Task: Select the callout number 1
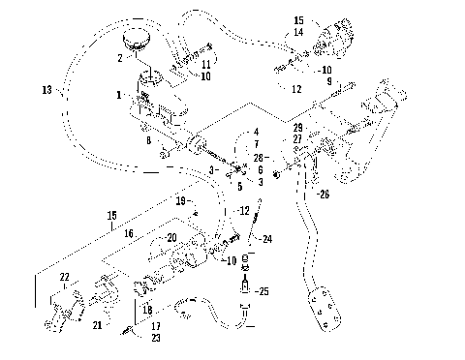[x=119, y=96]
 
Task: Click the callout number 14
[x=297, y=32]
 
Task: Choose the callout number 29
[x=298, y=129]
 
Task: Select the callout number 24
[x=267, y=240]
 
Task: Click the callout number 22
[x=65, y=278]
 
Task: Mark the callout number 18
[x=148, y=309]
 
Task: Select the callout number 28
[x=256, y=156]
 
